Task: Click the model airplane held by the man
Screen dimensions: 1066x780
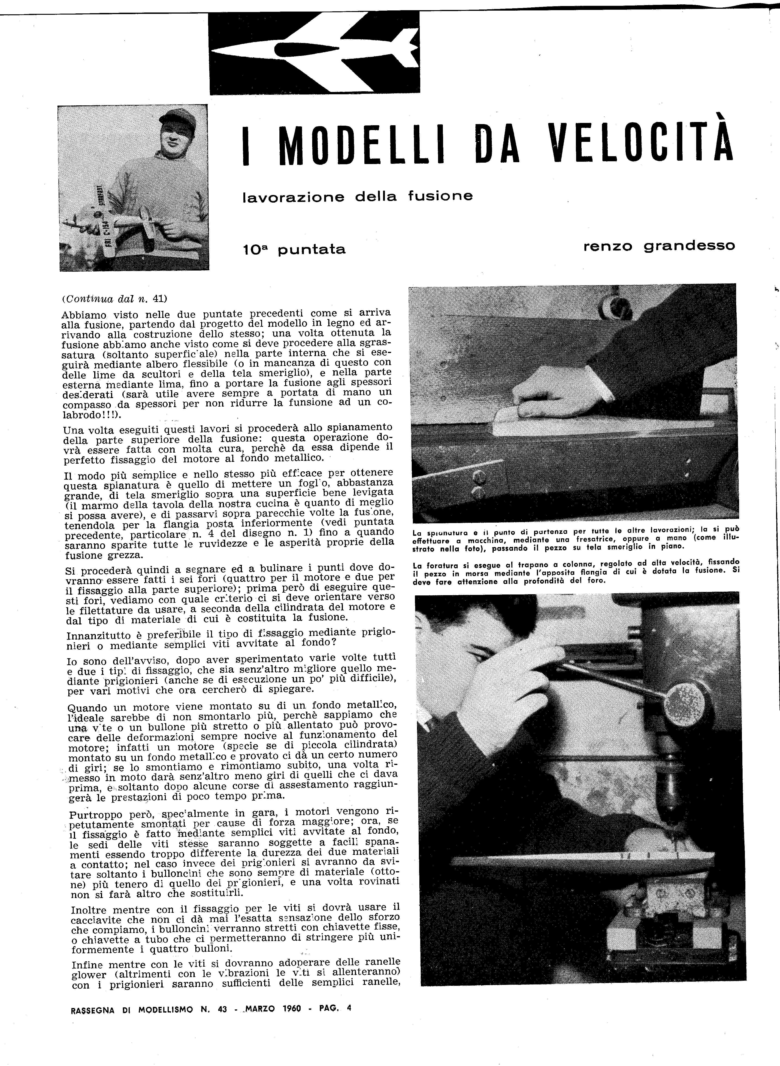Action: (x=113, y=222)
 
